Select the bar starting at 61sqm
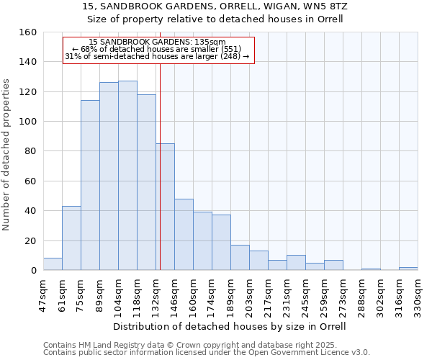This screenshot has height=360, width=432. click(x=71, y=238)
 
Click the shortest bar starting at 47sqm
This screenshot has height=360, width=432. click(x=53, y=264)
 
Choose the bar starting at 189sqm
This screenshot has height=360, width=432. click(x=240, y=258)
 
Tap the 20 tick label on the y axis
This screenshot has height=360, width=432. click(x=30, y=241)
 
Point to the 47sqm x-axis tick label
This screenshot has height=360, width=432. click(x=43, y=295)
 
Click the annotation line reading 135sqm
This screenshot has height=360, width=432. click(x=158, y=42)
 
